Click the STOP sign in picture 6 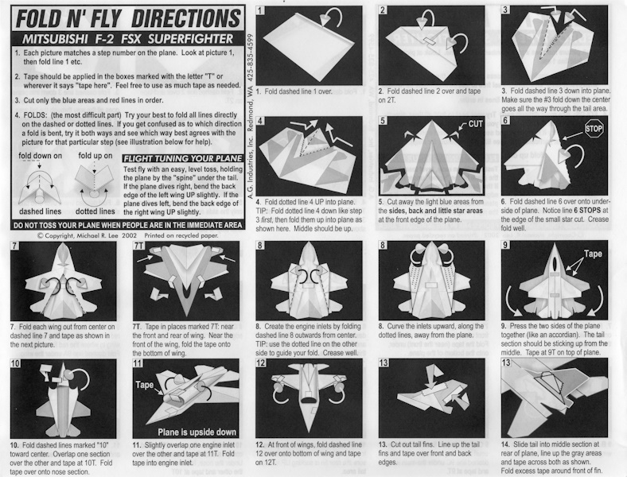594,129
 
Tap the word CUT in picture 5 475,124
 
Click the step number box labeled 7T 138,246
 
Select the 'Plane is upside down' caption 197,432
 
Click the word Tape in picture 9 592,254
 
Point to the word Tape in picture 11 144,384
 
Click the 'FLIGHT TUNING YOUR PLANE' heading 183,158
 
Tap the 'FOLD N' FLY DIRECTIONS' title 128,18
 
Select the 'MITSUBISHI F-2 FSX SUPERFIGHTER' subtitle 127,39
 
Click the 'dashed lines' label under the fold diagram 40,211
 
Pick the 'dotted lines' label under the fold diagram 95,211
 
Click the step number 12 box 261,363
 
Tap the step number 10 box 15,363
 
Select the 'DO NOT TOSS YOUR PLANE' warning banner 127,225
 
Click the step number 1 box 260,10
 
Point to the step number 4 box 260,121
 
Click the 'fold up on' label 95,156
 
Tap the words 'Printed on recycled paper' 181,235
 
